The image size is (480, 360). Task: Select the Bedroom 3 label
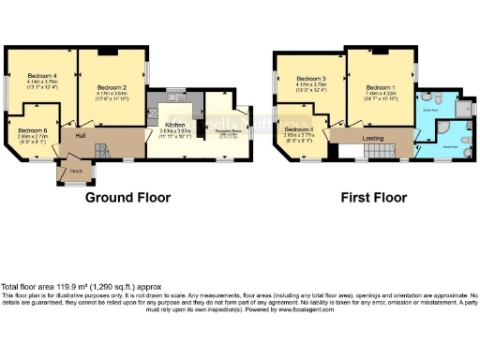pyautogui.click(x=309, y=79)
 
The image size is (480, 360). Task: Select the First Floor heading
pyautogui.click(x=374, y=198)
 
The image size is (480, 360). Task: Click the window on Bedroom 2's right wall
pyautogui.click(x=147, y=70)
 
